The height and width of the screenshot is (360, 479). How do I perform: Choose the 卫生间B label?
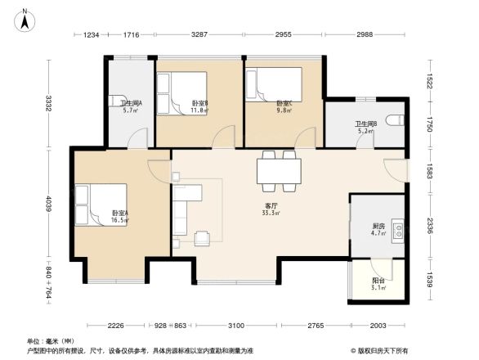click(365, 126)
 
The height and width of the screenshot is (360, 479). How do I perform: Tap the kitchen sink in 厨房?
click(396, 228)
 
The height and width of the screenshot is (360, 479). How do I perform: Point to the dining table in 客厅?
click(278, 170)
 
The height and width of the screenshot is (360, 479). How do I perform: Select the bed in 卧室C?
click(274, 83)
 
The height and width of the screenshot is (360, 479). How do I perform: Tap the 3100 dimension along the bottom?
click(236, 326)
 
